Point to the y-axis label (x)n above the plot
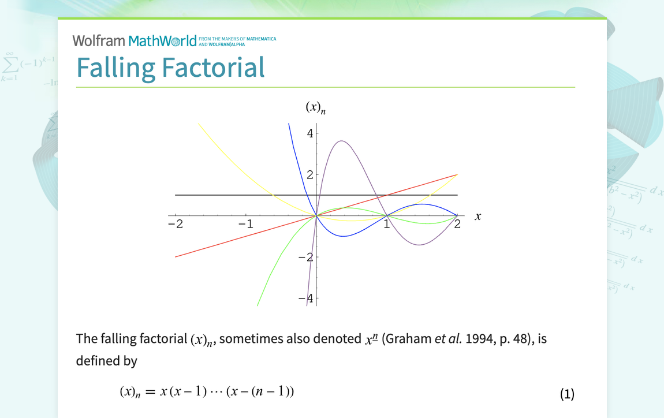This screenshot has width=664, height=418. coord(315,108)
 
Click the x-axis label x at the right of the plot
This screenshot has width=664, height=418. coord(478,217)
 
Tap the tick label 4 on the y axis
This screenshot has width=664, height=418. coord(310,133)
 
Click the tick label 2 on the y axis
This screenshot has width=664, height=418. coord(310,174)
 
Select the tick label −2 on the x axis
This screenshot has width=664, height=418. coord(175,224)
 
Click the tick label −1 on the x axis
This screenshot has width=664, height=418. coord(246,224)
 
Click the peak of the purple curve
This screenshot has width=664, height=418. coord(341,141)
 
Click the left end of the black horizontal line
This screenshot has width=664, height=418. coord(176,195)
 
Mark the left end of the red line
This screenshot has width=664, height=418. coord(176,256)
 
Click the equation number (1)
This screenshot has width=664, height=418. coord(567,394)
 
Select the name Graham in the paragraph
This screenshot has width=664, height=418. coord(408,339)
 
